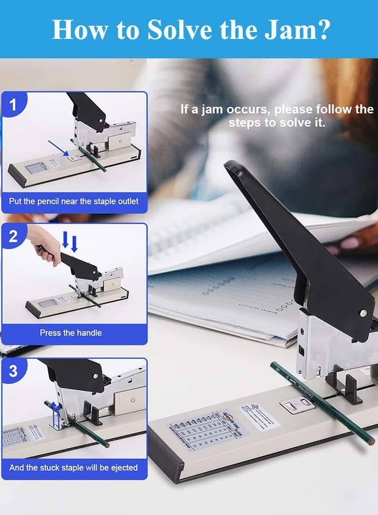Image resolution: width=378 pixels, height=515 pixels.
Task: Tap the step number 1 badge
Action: click(13, 105)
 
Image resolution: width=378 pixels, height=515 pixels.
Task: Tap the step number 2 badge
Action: click(13, 236)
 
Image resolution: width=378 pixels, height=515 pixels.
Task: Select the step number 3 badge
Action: click(13, 371)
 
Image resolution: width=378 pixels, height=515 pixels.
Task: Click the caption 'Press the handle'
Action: click(70, 332)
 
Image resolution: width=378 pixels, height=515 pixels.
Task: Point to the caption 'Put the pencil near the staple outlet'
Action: click(73, 201)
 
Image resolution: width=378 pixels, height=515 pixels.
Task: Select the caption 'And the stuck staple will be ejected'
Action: click(73, 468)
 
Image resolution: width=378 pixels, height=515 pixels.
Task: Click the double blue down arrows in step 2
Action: click(69, 242)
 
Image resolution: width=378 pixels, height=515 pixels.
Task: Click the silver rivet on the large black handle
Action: click(362, 312)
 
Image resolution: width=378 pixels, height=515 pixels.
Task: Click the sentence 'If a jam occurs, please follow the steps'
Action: click(277, 116)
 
